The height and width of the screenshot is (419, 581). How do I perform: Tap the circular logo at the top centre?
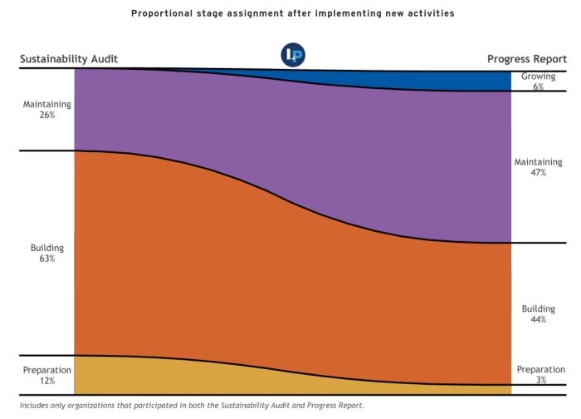293,55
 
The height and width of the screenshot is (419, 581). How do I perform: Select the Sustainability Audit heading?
69,59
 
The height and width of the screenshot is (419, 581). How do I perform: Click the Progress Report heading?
526,59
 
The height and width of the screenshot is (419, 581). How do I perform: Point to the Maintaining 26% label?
47,110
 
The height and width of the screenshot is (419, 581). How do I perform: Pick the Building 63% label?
46,254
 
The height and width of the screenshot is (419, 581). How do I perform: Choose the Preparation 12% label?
46,375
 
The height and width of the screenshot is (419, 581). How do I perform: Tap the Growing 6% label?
538,81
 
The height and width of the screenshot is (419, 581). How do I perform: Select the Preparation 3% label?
540,374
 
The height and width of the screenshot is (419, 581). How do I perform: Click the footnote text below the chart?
192,406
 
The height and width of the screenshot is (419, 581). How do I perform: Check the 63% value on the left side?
46,259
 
